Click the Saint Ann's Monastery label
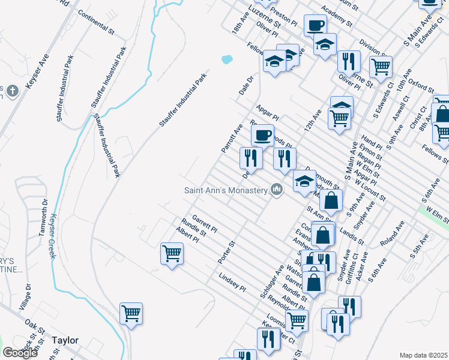(x=225, y=190)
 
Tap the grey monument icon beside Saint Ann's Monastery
(x=276, y=190)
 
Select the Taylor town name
(x=65, y=340)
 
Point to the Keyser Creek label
(x=53, y=236)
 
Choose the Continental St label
(x=96, y=23)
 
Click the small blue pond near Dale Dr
(x=227, y=59)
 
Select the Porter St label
(x=229, y=252)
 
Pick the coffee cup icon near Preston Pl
(x=315, y=25)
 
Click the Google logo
(x=20, y=353)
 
